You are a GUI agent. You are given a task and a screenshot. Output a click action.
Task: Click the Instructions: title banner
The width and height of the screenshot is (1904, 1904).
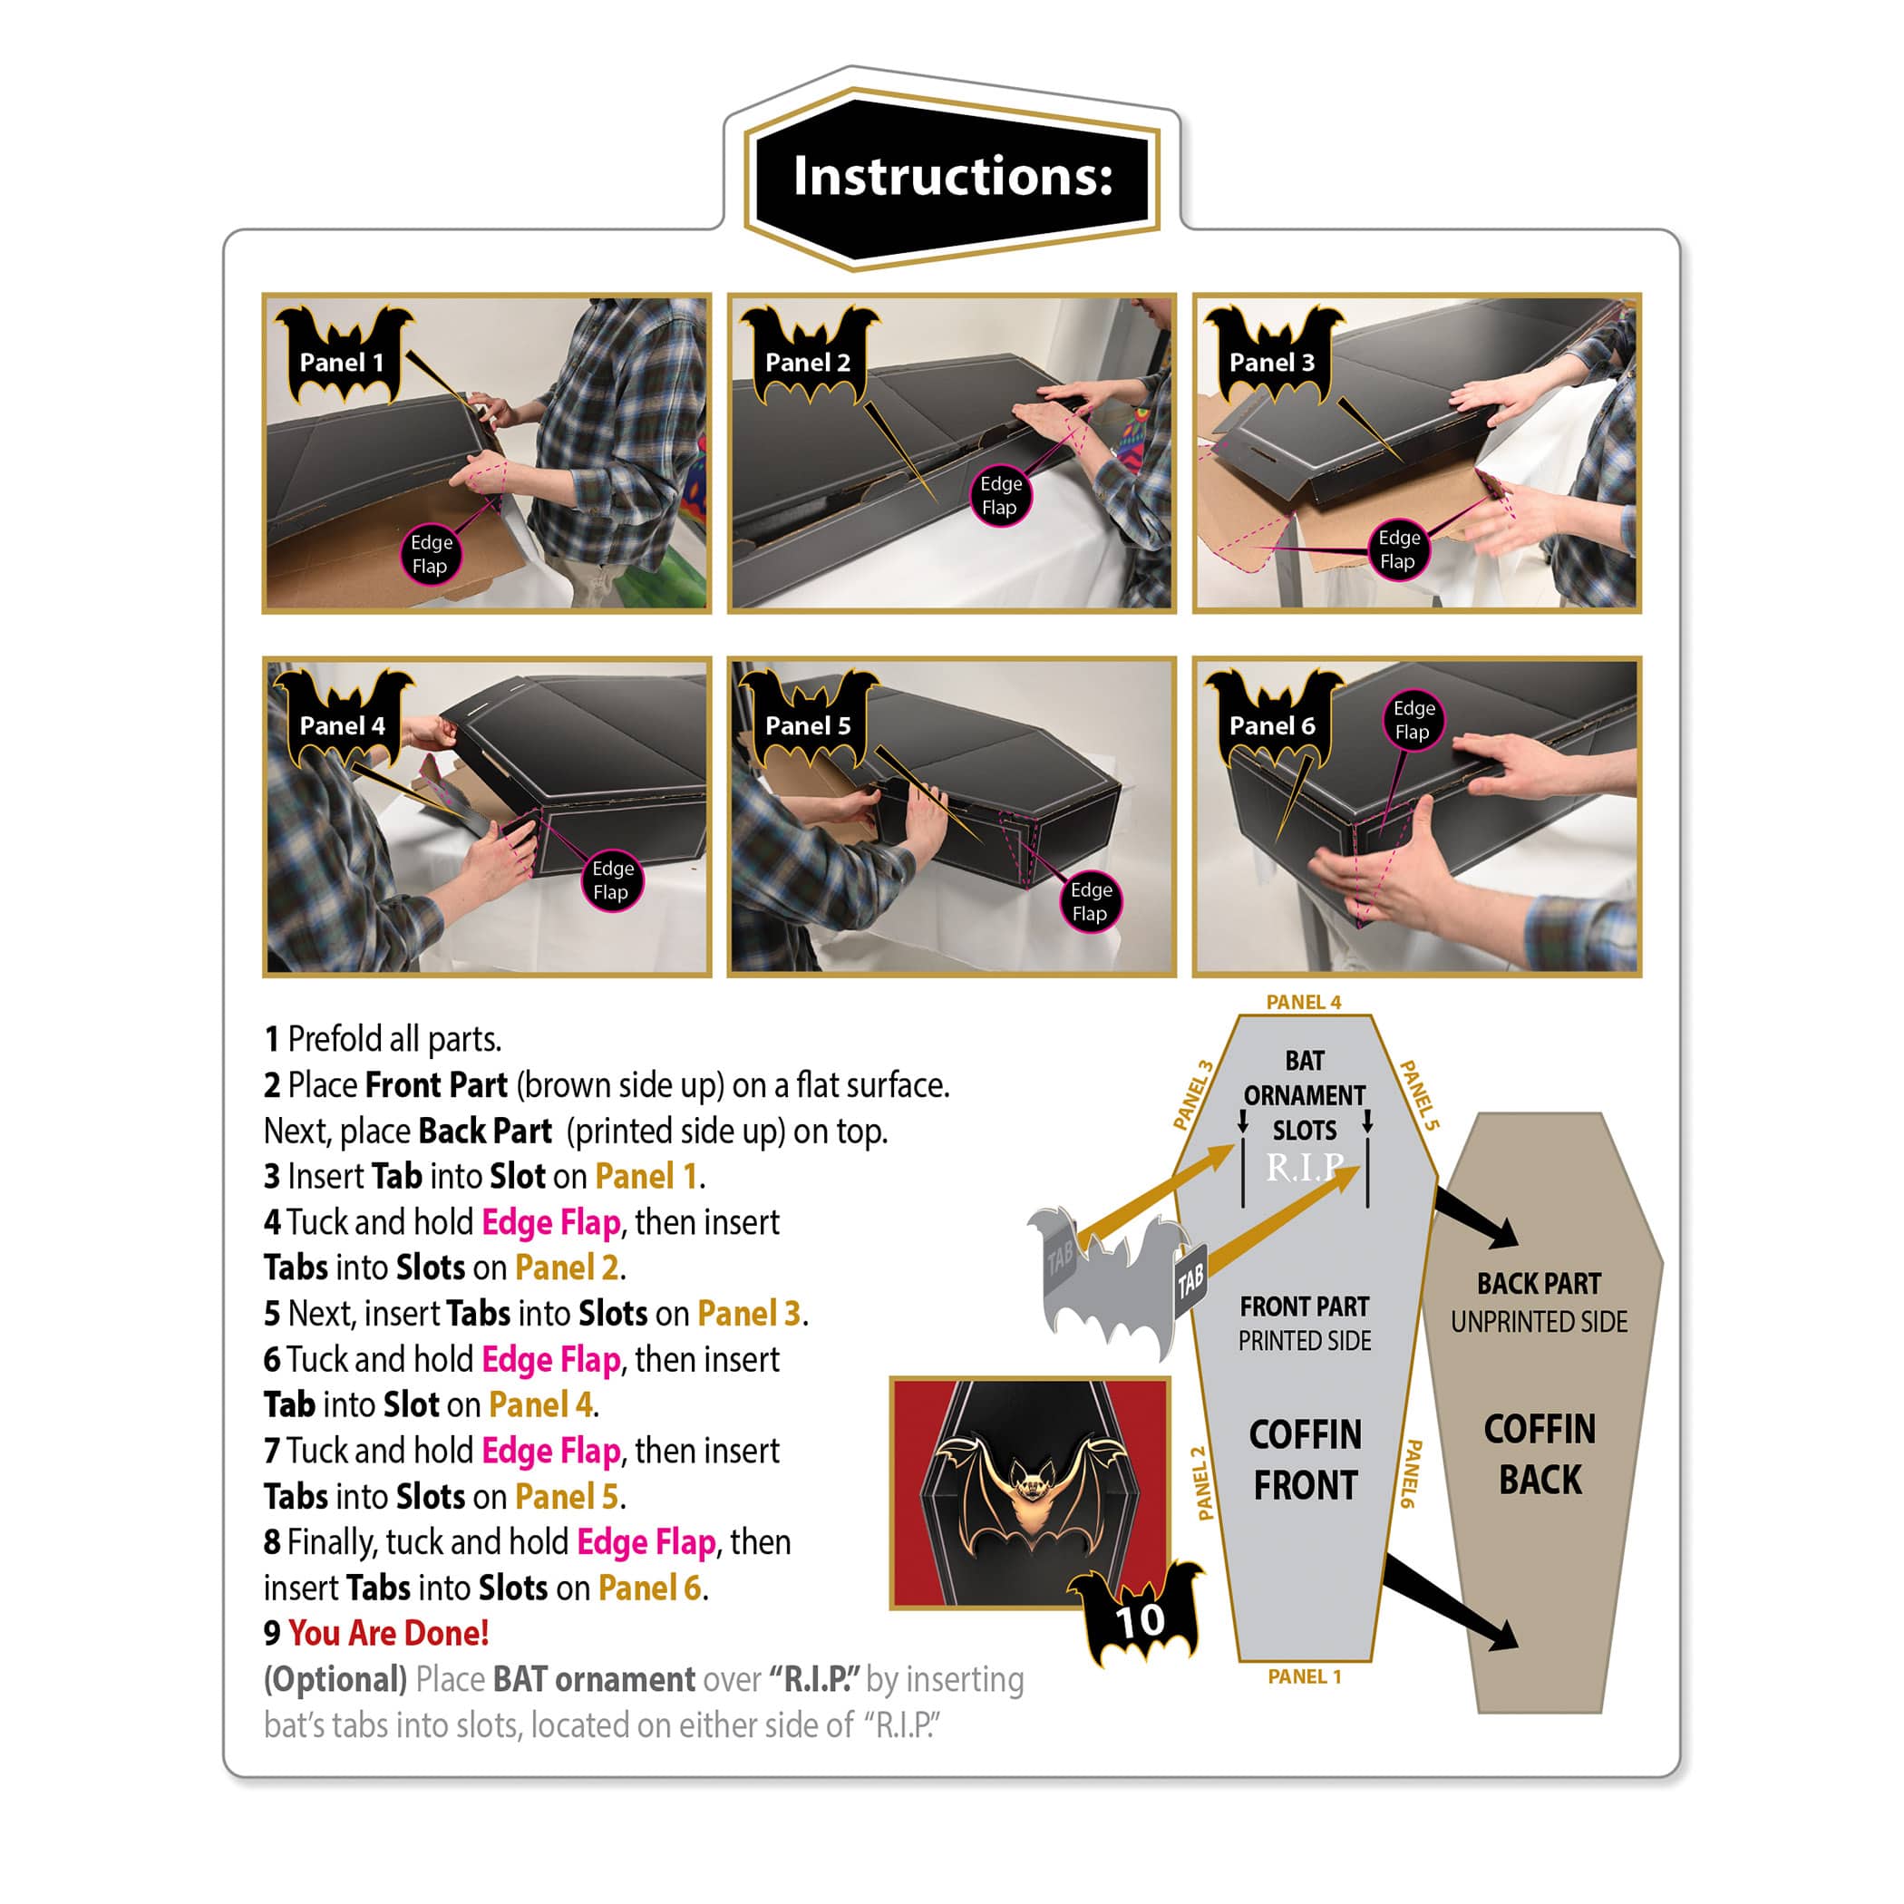[x=952, y=178]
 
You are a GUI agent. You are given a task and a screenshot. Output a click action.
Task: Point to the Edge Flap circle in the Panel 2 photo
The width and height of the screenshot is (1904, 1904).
[x=1000, y=496]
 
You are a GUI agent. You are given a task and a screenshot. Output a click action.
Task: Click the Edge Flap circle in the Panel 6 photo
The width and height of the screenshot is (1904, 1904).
[x=1413, y=721]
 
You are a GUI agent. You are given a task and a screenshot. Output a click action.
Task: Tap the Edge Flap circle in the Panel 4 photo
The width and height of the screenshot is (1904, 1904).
[x=612, y=880]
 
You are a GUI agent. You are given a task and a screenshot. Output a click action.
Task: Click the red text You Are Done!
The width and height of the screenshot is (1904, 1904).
[x=388, y=1634]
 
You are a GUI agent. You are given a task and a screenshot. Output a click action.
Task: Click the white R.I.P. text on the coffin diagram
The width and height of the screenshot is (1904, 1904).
[x=1304, y=1168]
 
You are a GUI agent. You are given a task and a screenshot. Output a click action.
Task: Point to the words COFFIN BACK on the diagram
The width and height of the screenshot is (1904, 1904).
[x=1540, y=1454]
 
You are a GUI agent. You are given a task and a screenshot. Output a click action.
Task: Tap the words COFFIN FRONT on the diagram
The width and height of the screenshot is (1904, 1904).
[x=1305, y=1461]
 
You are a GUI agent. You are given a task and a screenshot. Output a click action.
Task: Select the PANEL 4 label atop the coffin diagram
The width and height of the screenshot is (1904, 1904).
[x=1303, y=1002]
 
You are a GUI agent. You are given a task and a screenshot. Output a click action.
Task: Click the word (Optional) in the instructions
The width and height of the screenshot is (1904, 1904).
[x=335, y=1680]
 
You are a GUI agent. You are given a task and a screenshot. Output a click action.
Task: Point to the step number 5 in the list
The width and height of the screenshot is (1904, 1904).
[x=272, y=1315]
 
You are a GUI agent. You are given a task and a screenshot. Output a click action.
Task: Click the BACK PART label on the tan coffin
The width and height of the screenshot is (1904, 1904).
[x=1540, y=1284]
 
